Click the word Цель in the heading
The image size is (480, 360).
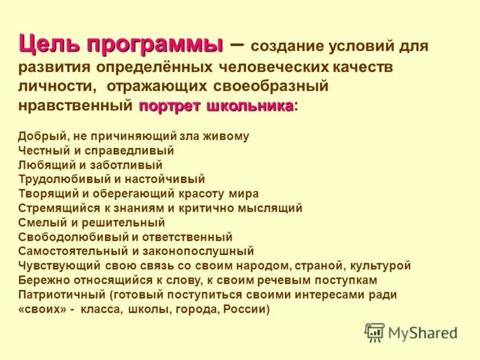(x=49, y=44)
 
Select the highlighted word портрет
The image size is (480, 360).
(x=170, y=106)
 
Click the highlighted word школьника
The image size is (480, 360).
(x=250, y=106)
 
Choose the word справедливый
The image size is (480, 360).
(x=134, y=150)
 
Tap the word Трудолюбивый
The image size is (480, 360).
(x=62, y=179)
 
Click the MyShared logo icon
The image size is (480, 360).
(x=374, y=332)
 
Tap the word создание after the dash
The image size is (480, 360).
(x=285, y=47)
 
